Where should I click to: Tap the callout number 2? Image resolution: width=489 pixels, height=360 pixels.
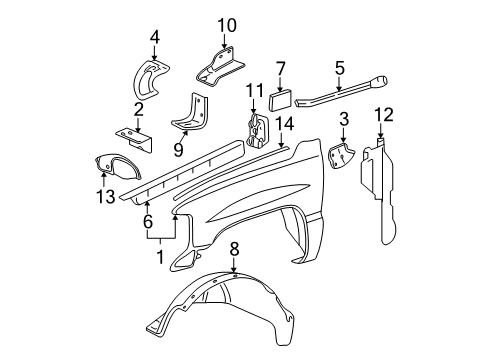[139, 110]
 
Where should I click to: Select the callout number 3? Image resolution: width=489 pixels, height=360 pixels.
[343, 120]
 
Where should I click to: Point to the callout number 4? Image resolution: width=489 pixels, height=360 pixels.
[155, 39]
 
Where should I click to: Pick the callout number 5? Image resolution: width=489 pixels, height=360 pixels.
[339, 67]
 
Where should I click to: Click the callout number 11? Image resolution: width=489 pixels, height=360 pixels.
[254, 92]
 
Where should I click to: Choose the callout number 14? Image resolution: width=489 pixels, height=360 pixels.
[284, 123]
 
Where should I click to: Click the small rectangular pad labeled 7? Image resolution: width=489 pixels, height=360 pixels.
[279, 98]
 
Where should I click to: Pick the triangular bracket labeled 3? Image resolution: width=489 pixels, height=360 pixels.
[342, 154]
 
